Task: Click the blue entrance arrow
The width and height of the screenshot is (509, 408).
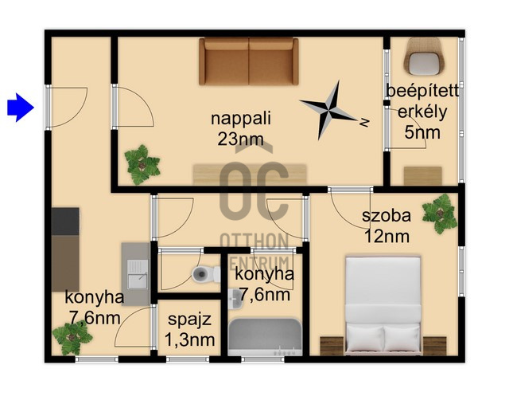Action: tap(21, 108)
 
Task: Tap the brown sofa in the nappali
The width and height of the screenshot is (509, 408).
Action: tap(249, 61)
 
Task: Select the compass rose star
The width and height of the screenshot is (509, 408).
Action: tap(328, 110)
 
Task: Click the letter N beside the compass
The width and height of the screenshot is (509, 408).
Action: tap(364, 122)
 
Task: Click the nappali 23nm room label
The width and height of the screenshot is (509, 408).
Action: tap(240, 128)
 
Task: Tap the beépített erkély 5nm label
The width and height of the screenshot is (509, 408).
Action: tap(422, 112)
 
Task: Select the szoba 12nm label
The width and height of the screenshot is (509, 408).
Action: tap(387, 226)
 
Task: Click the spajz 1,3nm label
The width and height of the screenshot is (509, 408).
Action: tap(189, 330)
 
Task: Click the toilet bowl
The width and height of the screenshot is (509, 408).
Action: tap(205, 274)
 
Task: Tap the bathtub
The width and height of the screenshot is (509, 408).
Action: tap(265, 337)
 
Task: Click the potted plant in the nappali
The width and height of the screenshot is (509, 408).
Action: tap(142, 165)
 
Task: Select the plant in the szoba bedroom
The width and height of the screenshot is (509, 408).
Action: tap(440, 214)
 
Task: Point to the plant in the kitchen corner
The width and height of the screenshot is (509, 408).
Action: tap(72, 339)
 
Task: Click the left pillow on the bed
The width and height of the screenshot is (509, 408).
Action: tap(365, 339)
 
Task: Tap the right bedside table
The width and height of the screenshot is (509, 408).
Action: tap(435, 346)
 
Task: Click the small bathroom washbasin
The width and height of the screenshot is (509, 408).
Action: tap(235, 299)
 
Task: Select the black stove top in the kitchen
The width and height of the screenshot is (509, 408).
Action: tap(65, 222)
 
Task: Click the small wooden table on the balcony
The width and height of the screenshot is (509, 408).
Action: tap(422, 176)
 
